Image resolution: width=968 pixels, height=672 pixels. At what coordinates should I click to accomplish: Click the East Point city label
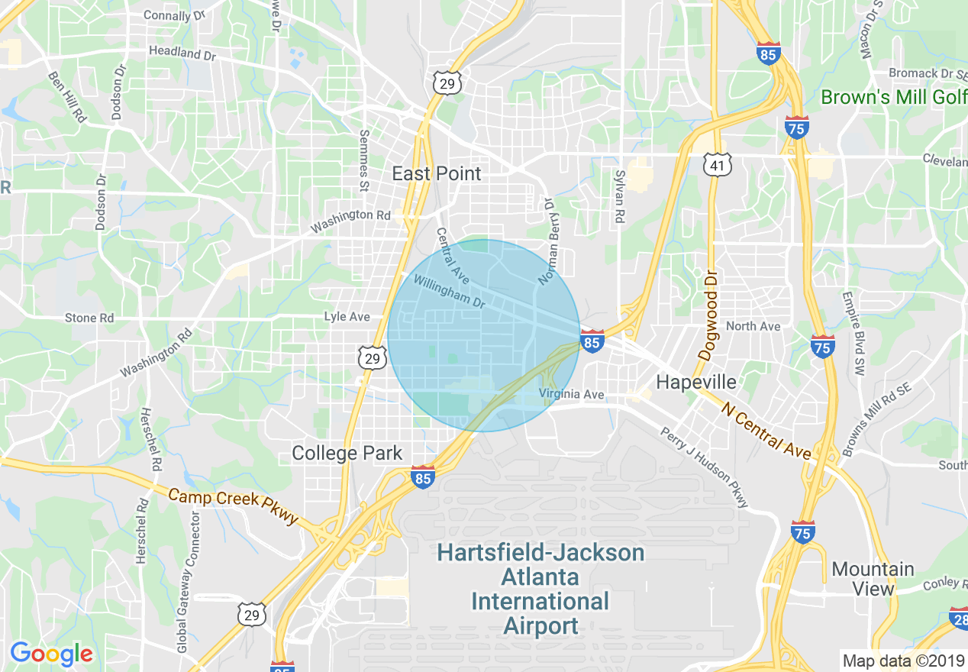[x=437, y=174]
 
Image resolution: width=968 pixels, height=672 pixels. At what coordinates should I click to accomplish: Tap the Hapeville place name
[x=696, y=382]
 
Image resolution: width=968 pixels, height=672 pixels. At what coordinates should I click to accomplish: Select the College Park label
[x=347, y=453]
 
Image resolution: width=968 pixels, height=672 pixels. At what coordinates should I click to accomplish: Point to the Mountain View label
[x=873, y=579]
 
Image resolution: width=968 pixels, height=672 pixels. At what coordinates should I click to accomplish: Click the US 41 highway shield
[x=719, y=163]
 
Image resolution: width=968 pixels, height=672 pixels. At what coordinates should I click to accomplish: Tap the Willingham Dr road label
[x=450, y=292]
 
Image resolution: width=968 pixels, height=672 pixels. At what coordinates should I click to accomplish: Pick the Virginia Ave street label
[x=571, y=395]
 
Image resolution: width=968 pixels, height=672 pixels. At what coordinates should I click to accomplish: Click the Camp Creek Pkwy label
[x=234, y=506]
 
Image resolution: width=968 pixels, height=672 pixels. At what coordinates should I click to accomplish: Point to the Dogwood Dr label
[x=708, y=315]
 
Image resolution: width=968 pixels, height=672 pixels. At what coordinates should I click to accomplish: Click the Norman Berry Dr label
[x=549, y=241]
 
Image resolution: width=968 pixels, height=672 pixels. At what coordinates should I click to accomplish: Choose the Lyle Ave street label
[x=347, y=316]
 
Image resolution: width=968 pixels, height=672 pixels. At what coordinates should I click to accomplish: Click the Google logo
[x=51, y=654]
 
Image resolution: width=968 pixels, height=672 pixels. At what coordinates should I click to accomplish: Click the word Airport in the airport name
[x=541, y=626]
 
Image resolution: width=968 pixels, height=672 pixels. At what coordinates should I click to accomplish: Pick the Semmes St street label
[x=363, y=161]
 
